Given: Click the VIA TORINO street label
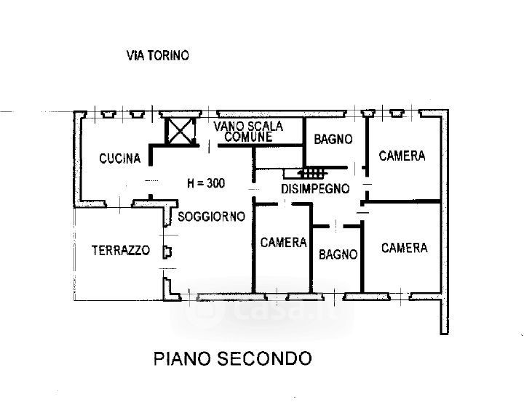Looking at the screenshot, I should [158, 55].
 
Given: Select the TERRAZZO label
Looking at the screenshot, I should [120, 251].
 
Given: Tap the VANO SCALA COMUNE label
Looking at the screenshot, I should [248, 131].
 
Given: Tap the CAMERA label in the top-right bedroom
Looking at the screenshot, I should [402, 156].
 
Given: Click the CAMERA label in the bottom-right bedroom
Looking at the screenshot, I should [405, 248].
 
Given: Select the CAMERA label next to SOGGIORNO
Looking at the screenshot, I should [283, 242].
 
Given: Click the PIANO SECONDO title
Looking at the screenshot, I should [232, 358].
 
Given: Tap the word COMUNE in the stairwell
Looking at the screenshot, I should [248, 137].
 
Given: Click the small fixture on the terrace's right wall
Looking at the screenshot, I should [167, 252].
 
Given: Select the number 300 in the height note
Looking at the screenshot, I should [215, 183].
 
